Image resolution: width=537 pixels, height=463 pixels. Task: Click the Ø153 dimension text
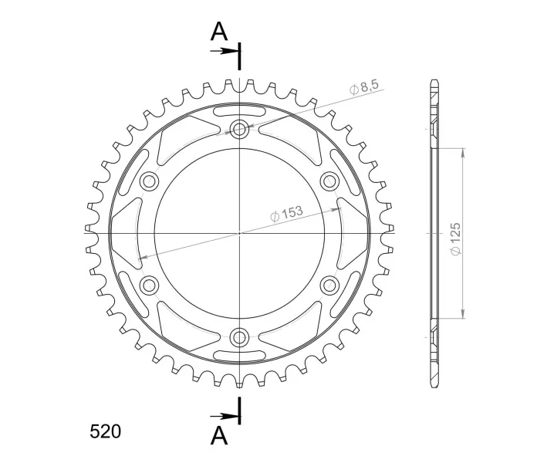coord(287,214)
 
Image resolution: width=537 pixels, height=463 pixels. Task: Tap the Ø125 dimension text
coord(456,238)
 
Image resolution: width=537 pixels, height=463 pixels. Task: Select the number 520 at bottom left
coord(105,431)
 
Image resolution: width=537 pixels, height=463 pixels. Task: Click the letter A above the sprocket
coord(219,31)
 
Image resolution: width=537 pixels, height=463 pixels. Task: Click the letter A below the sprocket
coord(219,436)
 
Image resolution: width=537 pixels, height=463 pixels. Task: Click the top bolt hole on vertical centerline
coord(239,129)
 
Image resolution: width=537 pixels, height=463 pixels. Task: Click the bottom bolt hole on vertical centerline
coord(239,337)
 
